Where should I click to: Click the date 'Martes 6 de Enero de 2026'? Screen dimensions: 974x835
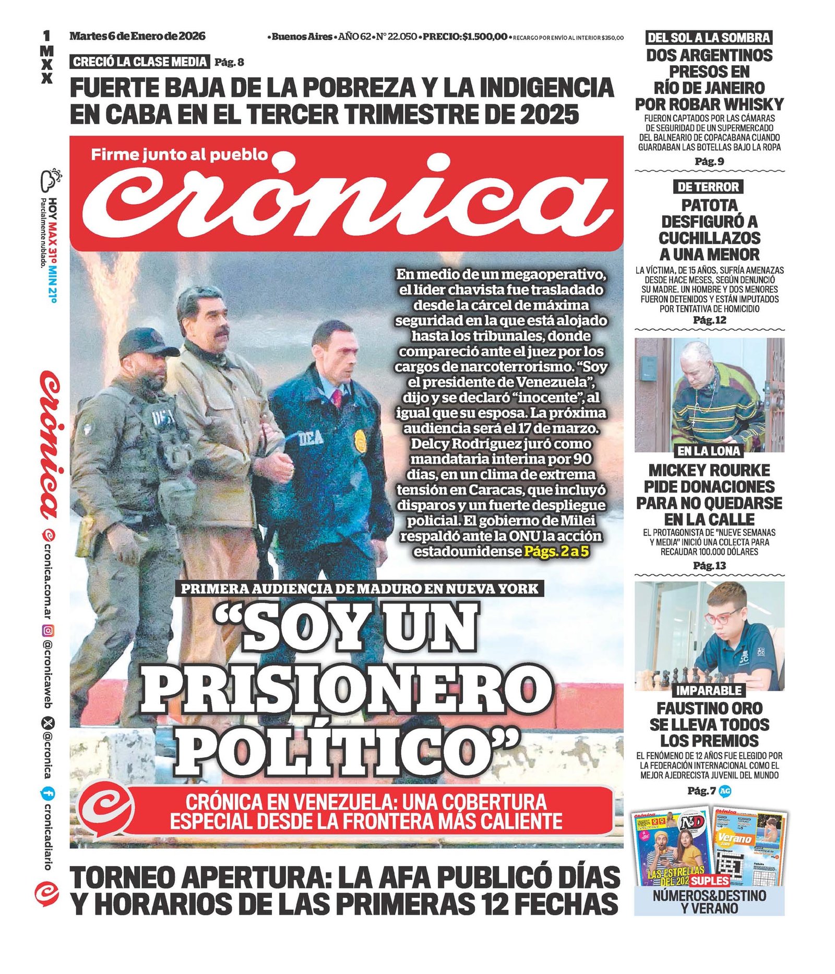click(137, 36)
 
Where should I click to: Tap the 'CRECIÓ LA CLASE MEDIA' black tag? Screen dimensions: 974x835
click(139, 62)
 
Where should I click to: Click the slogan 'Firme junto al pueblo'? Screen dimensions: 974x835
click(179, 154)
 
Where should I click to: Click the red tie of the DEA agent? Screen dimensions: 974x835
click(337, 399)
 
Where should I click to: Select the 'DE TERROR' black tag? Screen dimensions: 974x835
click(708, 187)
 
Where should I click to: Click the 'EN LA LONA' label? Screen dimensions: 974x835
click(709, 451)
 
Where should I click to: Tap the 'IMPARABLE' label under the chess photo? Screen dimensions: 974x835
click(709, 690)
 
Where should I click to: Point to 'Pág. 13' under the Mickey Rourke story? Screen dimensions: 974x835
click(709, 566)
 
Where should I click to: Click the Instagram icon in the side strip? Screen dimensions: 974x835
click(47, 631)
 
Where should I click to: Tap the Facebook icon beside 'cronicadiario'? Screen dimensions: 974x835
click(47, 794)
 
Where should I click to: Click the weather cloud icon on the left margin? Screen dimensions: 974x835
click(51, 180)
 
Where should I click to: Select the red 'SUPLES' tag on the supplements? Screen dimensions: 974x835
click(709, 881)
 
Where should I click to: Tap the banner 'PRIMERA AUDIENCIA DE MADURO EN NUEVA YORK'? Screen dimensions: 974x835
click(360, 588)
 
